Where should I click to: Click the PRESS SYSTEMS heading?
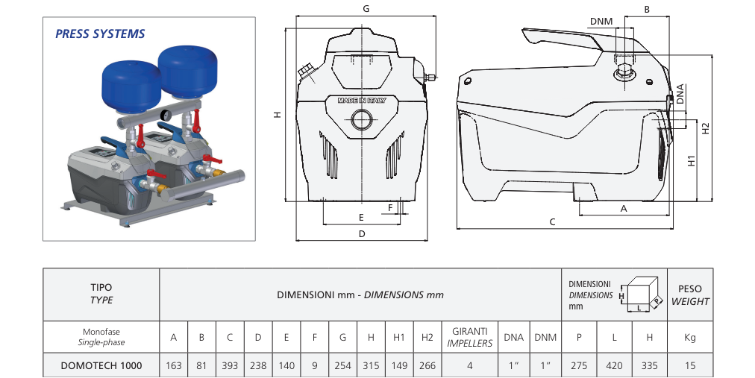[100, 34]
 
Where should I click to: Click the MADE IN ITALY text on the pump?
[362, 100]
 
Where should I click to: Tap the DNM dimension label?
[601, 22]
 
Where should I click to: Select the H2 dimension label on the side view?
[705, 128]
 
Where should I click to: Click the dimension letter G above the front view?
[366, 9]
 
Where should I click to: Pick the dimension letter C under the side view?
[553, 221]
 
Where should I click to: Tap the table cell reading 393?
[230, 365]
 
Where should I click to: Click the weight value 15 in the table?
[689, 365]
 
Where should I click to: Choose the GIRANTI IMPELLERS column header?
[469, 338]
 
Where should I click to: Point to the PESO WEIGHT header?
[689, 295]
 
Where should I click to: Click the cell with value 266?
[427, 365]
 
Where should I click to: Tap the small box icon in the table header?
[642, 295]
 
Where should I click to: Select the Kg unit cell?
[689, 338]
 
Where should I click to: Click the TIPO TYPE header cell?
[101, 294]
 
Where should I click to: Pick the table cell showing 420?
[615, 365]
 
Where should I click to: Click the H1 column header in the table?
[399, 338]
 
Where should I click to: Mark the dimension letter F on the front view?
[389, 207]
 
